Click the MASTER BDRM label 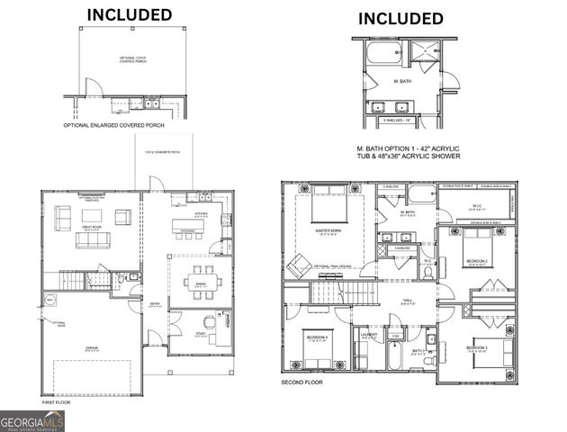tap(327, 231)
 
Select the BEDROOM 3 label tap(478, 346)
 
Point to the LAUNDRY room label tap(369, 335)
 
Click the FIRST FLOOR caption tap(55, 402)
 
